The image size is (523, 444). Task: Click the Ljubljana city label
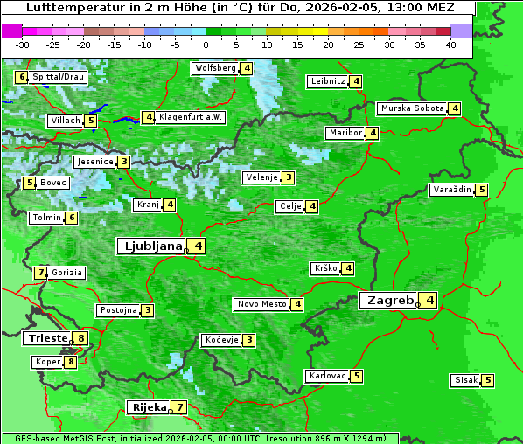point(151,246)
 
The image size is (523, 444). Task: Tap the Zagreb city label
point(388,301)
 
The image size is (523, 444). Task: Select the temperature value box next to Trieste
point(81,338)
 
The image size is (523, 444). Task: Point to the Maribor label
point(345,133)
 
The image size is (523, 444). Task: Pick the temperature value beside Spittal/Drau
point(22,77)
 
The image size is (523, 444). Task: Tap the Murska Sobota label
point(412,108)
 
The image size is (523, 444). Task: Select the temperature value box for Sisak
point(487,380)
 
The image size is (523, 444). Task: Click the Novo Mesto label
point(262,304)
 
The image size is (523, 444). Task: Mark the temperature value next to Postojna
point(148,310)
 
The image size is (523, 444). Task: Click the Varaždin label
point(452,190)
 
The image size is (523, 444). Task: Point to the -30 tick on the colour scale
point(23,44)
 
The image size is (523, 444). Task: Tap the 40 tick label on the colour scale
point(450,44)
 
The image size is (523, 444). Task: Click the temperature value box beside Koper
point(70,362)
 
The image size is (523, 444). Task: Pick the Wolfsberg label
point(215,68)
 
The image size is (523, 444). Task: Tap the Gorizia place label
point(67,273)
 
